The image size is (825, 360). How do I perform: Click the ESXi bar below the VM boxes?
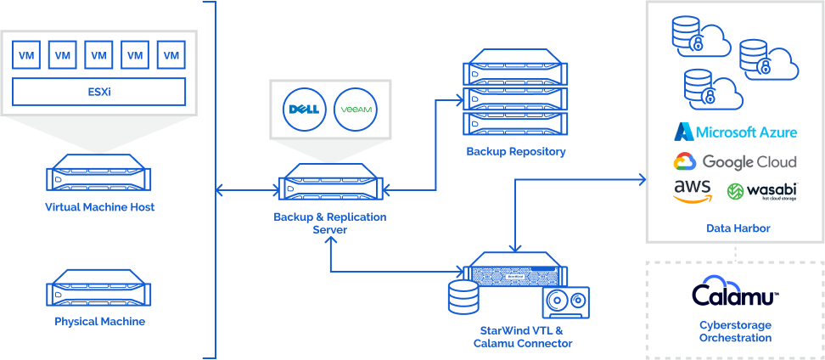(x=99, y=91)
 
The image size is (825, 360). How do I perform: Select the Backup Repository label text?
(x=515, y=152)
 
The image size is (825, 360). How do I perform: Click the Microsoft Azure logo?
(x=735, y=132)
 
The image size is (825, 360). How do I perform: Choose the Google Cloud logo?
(x=735, y=161)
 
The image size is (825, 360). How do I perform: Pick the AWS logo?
(x=692, y=191)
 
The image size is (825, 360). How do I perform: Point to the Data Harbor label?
(x=734, y=228)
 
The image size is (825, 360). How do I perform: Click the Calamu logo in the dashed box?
(x=734, y=293)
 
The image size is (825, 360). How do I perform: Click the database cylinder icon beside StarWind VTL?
(x=463, y=297)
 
